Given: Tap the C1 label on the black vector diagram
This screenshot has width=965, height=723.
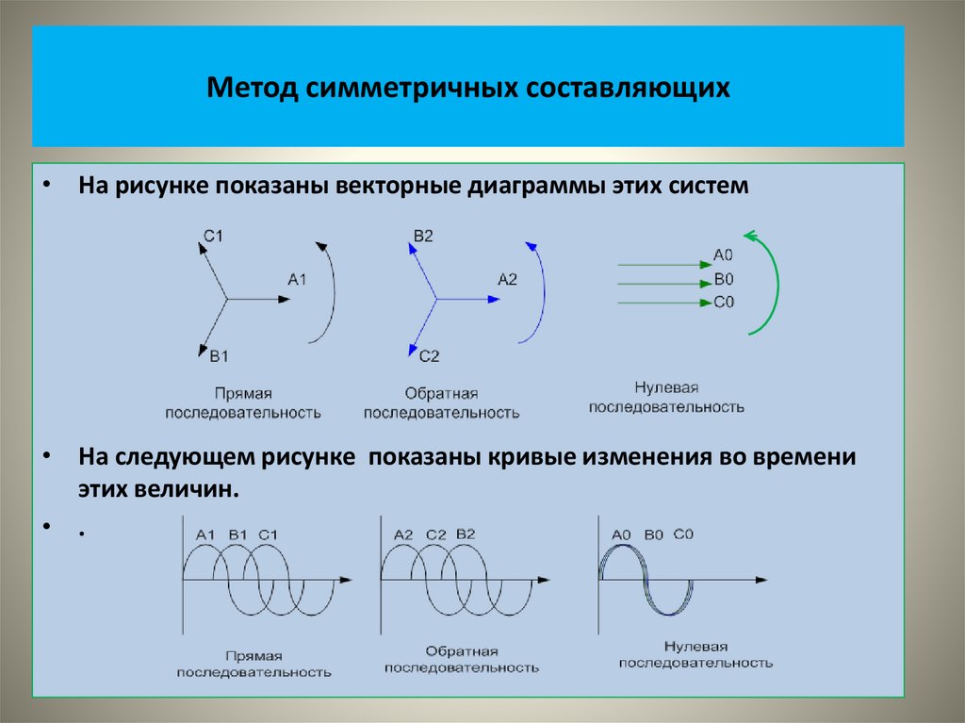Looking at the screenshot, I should pyautogui.click(x=213, y=237).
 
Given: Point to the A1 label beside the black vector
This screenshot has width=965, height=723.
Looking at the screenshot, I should pyautogui.click(x=298, y=279).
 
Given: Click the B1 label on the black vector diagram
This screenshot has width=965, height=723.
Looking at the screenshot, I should pyautogui.click(x=220, y=355).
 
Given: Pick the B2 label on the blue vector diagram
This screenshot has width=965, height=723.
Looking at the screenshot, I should pyautogui.click(x=423, y=237).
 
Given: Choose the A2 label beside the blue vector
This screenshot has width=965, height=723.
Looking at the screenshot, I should pyautogui.click(x=508, y=279).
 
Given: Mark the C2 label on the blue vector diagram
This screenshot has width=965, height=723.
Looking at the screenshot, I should pyautogui.click(x=430, y=355).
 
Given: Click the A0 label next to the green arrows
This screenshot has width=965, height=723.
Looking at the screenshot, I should pyautogui.click(x=724, y=255).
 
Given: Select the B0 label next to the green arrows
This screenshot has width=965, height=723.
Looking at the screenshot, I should pyautogui.click(x=724, y=279).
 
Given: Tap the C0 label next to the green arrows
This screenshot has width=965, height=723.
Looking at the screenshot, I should pyautogui.click(x=724, y=303).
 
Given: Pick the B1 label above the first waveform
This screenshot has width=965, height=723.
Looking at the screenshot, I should pyautogui.click(x=237, y=535).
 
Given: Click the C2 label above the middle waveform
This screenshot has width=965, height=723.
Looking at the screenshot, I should pyautogui.click(x=435, y=534).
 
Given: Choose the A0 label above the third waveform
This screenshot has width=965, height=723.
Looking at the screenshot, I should pyautogui.click(x=621, y=534).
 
